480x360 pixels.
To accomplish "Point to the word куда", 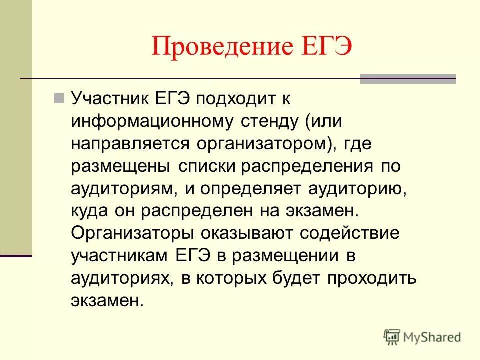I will coord(90,210).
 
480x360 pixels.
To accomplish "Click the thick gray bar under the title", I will coord(407,78).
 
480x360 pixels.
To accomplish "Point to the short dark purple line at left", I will coord(16,256).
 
